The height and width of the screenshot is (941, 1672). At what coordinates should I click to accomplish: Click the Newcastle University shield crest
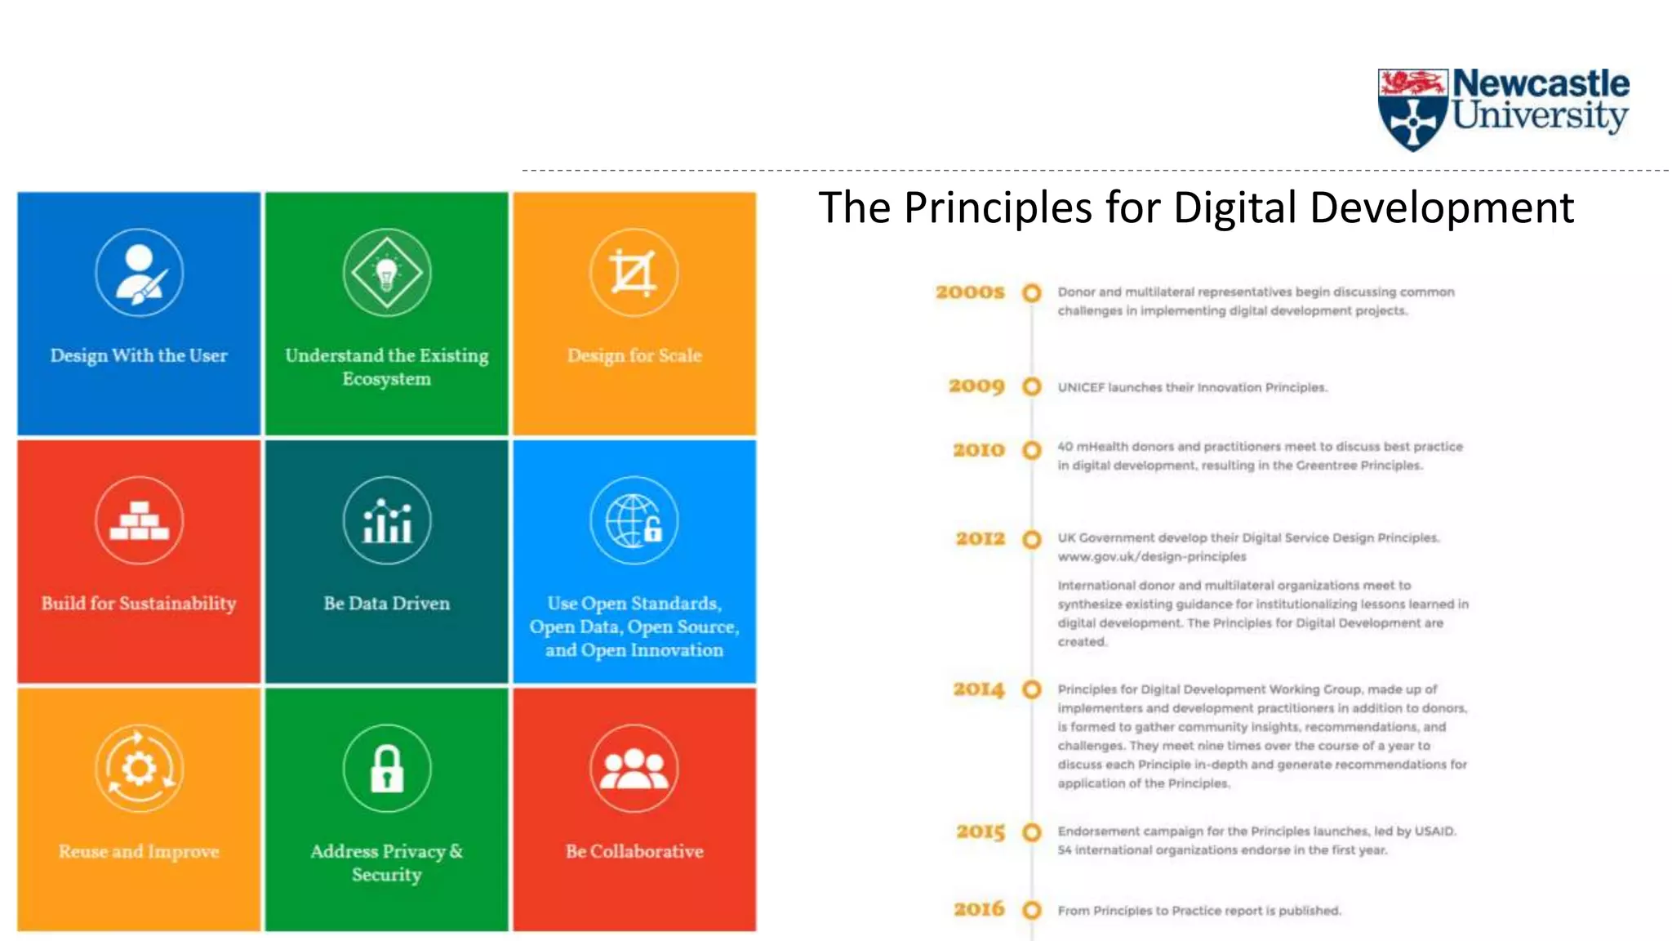click(x=1412, y=109)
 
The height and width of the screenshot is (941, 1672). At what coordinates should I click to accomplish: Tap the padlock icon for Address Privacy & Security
click(x=387, y=769)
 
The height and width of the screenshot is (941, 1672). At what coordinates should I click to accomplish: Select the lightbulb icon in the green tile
click(x=387, y=273)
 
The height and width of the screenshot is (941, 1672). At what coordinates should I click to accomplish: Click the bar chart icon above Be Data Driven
click(x=387, y=521)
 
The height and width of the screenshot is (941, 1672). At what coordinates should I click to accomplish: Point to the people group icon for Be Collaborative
click(x=634, y=769)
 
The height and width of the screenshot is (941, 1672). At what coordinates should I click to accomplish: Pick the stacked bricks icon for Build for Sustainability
click(x=139, y=521)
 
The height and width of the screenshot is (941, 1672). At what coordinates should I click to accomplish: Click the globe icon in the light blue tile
click(x=634, y=521)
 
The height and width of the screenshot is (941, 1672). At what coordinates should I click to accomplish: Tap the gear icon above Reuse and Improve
click(x=139, y=769)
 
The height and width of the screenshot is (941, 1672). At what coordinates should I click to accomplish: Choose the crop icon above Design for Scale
click(x=634, y=273)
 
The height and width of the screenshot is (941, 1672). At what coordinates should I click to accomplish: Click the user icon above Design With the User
click(x=139, y=273)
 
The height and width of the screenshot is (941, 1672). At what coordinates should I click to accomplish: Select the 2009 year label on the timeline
click(x=976, y=386)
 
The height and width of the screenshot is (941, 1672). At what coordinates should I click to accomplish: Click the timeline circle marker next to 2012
click(x=1032, y=539)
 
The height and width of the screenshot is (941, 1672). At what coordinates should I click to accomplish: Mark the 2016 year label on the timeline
click(x=979, y=909)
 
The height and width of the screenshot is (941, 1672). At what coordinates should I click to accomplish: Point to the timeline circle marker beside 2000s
click(x=1032, y=292)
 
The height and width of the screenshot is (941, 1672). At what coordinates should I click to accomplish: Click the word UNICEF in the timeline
click(x=1081, y=387)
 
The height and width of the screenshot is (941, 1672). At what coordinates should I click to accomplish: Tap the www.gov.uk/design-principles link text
click(x=1152, y=557)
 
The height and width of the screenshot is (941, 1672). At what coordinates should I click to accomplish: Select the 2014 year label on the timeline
click(x=978, y=689)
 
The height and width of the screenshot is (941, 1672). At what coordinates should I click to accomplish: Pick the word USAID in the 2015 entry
click(x=1435, y=832)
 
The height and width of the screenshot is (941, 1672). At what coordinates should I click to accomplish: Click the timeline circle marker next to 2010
click(x=1032, y=450)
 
